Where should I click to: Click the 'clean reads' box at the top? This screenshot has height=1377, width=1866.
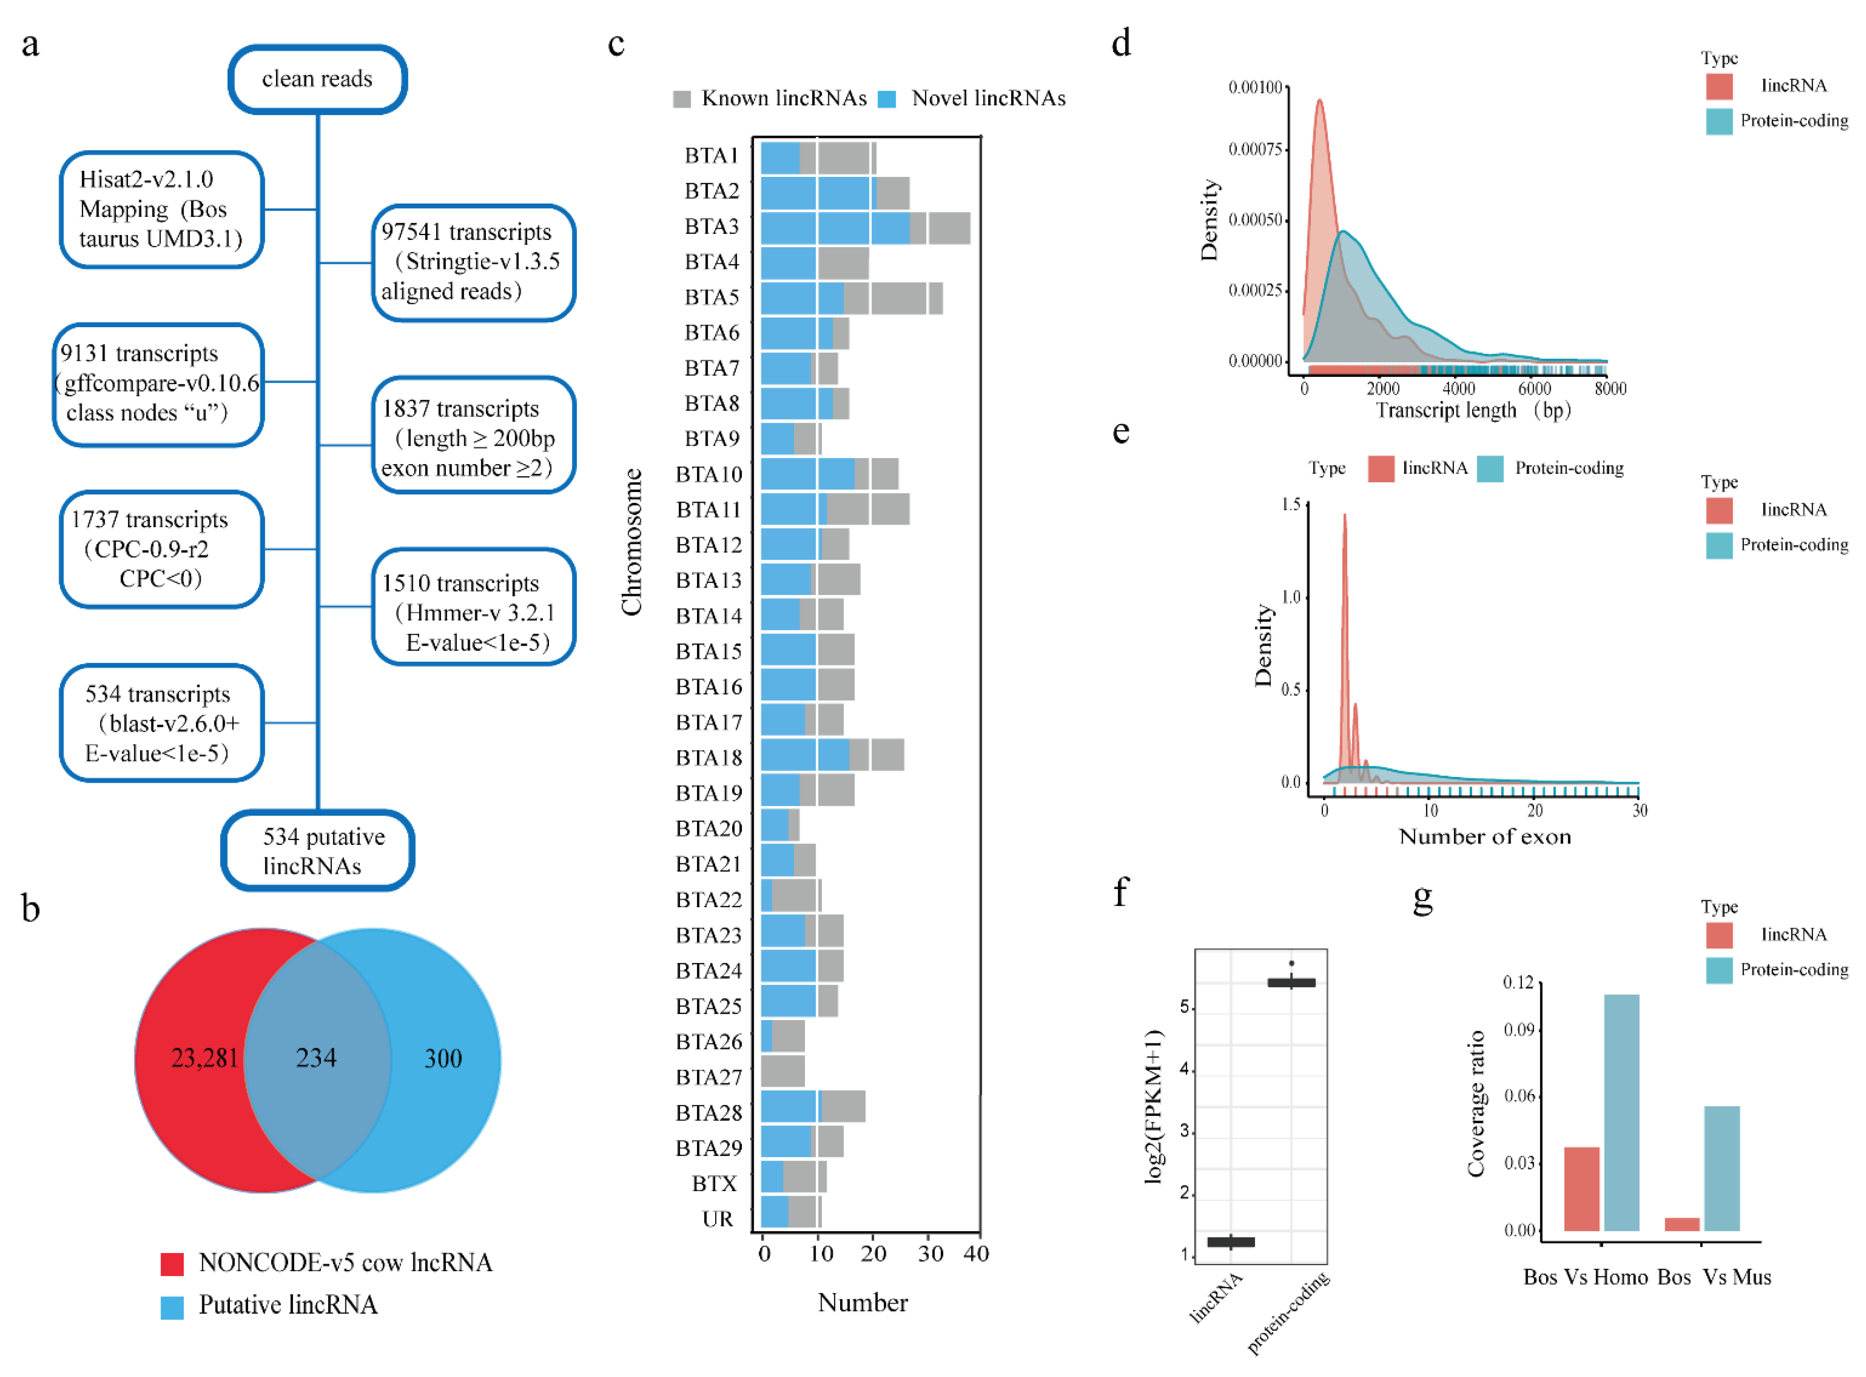pyautogui.click(x=317, y=79)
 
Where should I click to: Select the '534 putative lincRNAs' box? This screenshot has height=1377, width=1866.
pyautogui.click(x=317, y=850)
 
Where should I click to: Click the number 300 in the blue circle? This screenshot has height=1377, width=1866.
pyautogui.click(x=443, y=1059)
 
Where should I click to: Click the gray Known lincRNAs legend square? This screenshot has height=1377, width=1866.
pyautogui.click(x=682, y=99)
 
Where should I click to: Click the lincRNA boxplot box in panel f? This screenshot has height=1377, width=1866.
pyautogui.click(x=1231, y=1242)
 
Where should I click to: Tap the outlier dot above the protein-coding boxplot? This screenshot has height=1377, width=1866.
pyautogui.click(x=1292, y=964)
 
